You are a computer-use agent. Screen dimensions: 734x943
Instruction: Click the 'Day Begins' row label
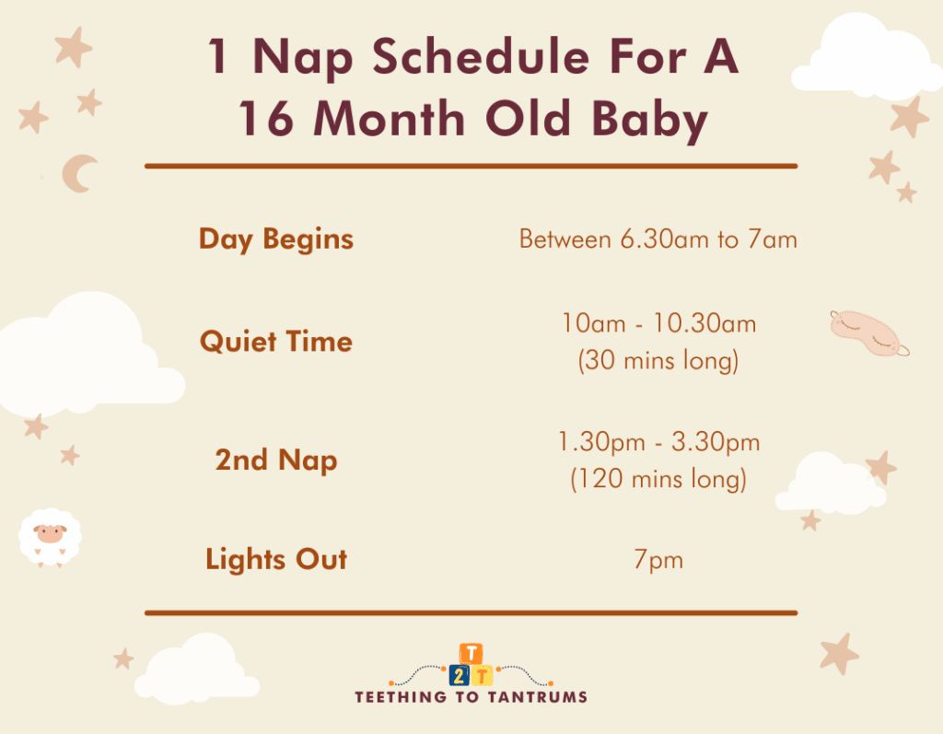tap(276, 239)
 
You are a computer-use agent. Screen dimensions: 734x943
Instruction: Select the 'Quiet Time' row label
tap(276, 342)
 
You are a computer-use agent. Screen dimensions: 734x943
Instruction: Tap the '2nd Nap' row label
tap(276, 460)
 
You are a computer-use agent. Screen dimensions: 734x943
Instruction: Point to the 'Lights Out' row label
tap(276, 559)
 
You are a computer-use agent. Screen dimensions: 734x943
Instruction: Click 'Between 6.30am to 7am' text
tap(658, 239)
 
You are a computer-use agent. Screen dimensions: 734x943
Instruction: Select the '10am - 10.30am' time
tap(658, 323)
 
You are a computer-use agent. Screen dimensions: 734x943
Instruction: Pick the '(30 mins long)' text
tap(658, 361)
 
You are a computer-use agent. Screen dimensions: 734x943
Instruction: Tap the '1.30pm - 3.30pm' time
tap(658, 442)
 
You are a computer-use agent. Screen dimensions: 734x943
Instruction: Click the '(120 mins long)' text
tap(658, 480)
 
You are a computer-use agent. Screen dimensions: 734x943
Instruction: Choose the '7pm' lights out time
tap(658, 560)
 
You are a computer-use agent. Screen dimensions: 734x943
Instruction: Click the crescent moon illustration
tap(79, 173)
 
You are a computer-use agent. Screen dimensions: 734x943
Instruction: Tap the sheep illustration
tap(50, 537)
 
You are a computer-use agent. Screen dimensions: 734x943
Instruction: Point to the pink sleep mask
tap(868, 332)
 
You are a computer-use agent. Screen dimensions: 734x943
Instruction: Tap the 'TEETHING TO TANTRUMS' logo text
tap(471, 697)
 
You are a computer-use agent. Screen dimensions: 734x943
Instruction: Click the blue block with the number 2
tap(459, 675)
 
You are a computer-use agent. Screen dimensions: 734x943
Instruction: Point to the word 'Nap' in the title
tap(290, 59)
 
